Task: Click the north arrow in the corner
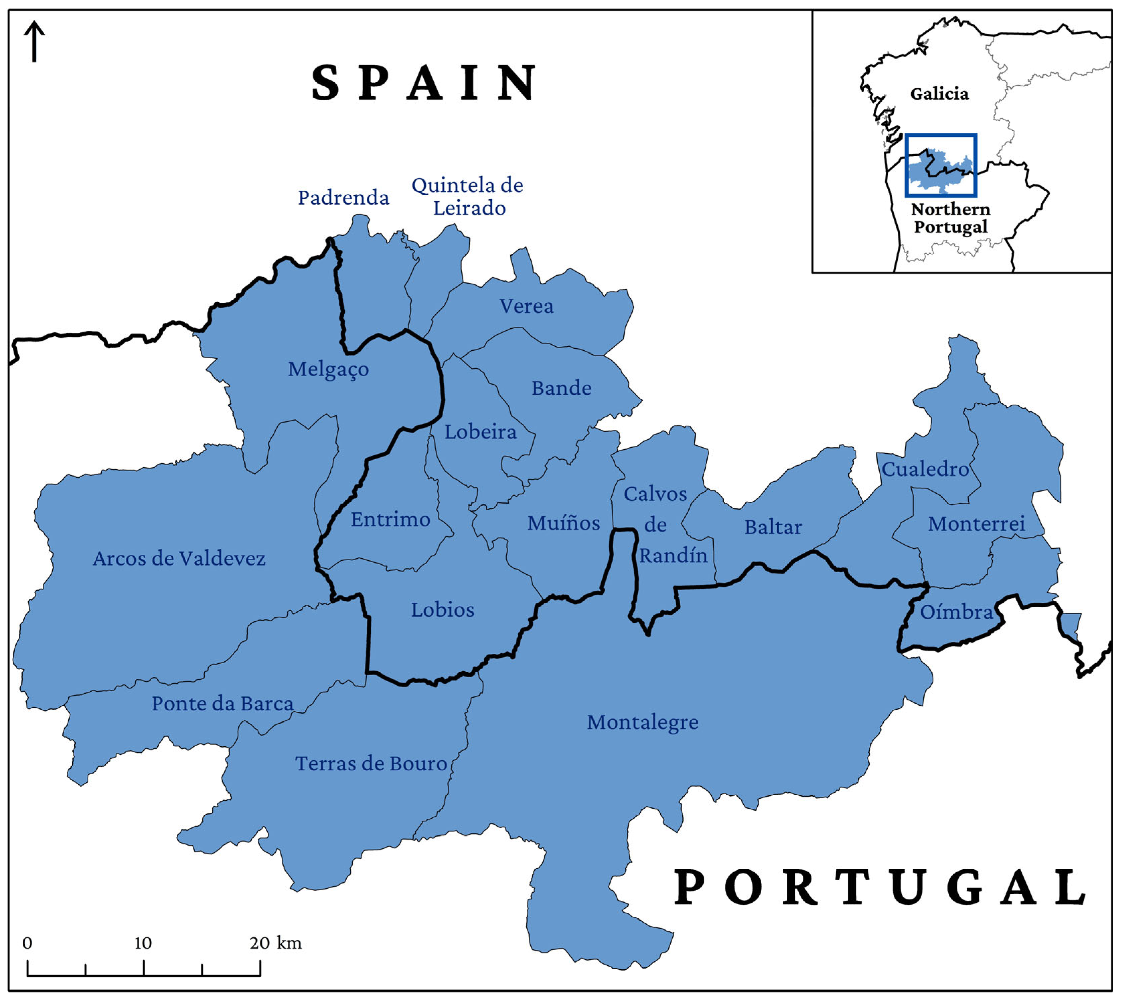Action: pyautogui.click(x=34, y=41)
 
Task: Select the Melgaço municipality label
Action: pyautogui.click(x=328, y=369)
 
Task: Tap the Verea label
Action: pyautogui.click(x=526, y=306)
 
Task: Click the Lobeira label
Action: pyautogui.click(x=481, y=432)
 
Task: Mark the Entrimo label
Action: pyautogui.click(x=390, y=519)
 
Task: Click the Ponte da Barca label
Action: pyautogui.click(x=222, y=704)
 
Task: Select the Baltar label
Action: pyautogui.click(x=773, y=527)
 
